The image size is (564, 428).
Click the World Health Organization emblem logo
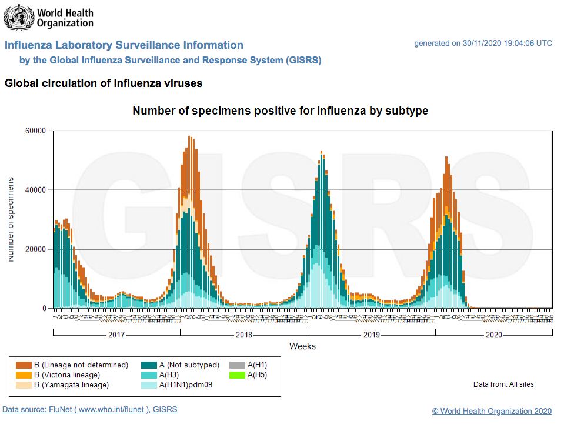pos(17,17)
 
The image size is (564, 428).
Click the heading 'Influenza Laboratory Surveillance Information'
pos(124,45)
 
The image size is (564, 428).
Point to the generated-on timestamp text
pos(483,44)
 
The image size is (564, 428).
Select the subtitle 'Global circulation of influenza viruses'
pos(104,83)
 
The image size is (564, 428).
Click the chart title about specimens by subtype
pos(280,111)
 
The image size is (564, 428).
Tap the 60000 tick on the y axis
pos(36,131)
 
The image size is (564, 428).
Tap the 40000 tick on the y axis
pos(36,190)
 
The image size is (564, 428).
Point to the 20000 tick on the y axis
pos(36,249)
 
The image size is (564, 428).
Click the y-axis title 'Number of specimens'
pos(11,219)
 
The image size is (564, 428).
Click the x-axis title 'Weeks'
pos(302,346)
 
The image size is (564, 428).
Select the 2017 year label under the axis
pos(116,335)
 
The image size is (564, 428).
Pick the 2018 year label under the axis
pos(244,335)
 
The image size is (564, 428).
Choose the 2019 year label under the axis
pos(371,335)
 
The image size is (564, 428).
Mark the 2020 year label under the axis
pos(494,335)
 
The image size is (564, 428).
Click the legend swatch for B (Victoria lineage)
pos(24,375)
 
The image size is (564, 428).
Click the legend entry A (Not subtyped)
pos(180,365)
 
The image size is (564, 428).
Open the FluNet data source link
pos(89,410)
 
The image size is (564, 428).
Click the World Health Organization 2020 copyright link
pos(492,412)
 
